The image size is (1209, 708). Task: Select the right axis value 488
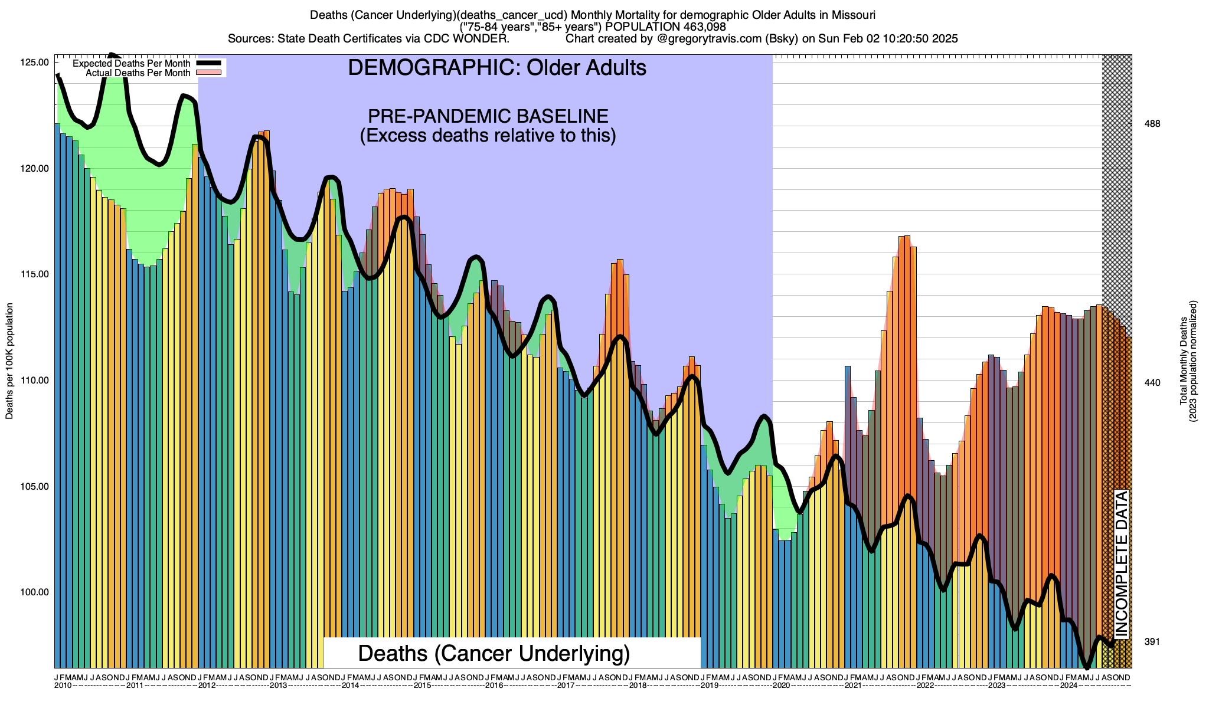pyautogui.click(x=1152, y=124)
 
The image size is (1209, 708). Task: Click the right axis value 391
pyautogui.click(x=1152, y=642)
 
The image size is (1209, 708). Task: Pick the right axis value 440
pyautogui.click(x=1152, y=383)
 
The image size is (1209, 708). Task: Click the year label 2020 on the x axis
pyautogui.click(x=781, y=685)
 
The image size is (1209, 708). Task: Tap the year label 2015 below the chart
pyautogui.click(x=422, y=685)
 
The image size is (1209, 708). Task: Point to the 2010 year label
pyautogui.click(x=63, y=685)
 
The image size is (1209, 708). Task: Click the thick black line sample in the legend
pyautogui.click(x=208, y=63)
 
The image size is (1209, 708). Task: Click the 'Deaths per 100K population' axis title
pyautogui.click(x=9, y=361)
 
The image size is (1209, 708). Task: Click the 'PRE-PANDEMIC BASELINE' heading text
pyautogui.click(x=488, y=116)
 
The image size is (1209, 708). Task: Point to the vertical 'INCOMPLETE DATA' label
pyautogui.click(x=1121, y=563)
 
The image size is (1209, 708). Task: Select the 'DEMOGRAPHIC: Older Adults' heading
pyautogui.click(x=497, y=68)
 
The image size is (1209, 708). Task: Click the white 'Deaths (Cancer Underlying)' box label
pyautogui.click(x=494, y=653)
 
